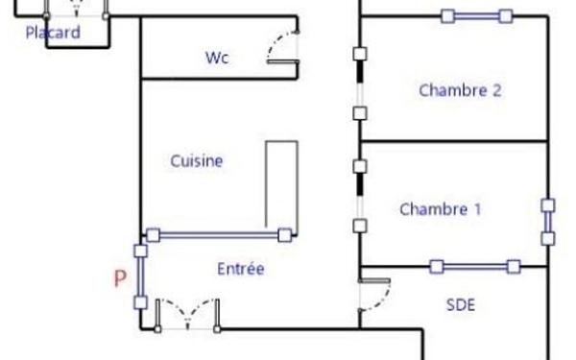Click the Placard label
(x=52, y=33)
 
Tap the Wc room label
(x=217, y=57)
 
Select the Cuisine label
(x=197, y=160)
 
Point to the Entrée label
(x=240, y=270)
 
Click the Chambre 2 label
(x=461, y=91)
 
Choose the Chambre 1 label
(x=441, y=209)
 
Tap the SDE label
(x=462, y=305)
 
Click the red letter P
(x=120, y=279)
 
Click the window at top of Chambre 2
(x=476, y=15)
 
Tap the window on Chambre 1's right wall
(x=547, y=222)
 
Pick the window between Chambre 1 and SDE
(x=475, y=266)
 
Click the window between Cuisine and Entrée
(x=218, y=234)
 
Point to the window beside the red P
(x=141, y=277)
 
